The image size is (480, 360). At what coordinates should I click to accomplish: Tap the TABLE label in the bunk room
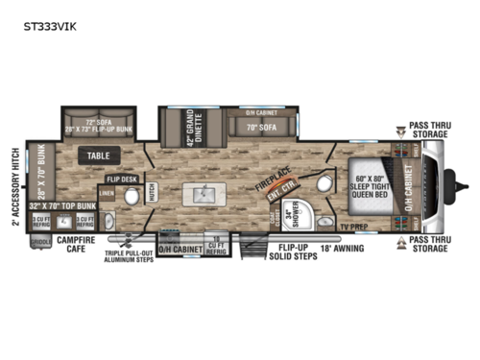click(98, 155)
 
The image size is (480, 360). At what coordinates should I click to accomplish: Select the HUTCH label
click(154, 197)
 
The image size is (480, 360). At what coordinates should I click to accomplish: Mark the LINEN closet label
click(109, 196)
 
